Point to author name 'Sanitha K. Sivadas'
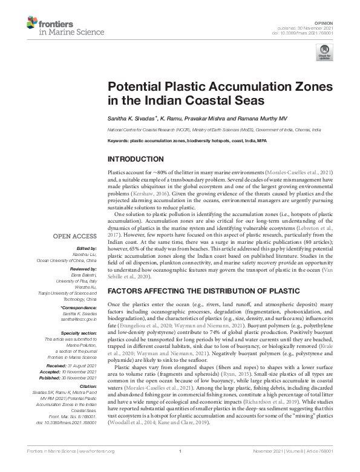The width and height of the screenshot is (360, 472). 129,117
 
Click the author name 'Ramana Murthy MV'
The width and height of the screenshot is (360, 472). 237,117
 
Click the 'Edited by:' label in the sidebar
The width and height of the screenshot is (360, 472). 87,249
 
